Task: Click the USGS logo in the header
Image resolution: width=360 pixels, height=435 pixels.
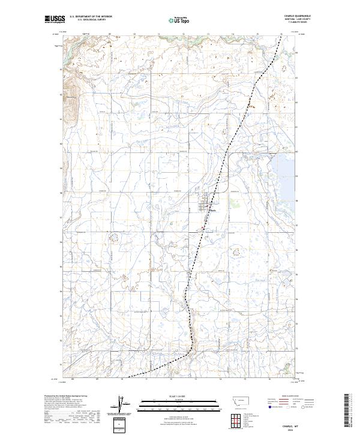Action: [x=55, y=20]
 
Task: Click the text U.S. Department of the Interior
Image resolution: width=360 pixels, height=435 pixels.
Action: [x=91, y=17]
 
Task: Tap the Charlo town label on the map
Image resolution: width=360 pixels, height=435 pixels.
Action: [x=213, y=211]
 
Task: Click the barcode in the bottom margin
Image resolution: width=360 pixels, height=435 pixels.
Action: [x=347, y=412]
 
